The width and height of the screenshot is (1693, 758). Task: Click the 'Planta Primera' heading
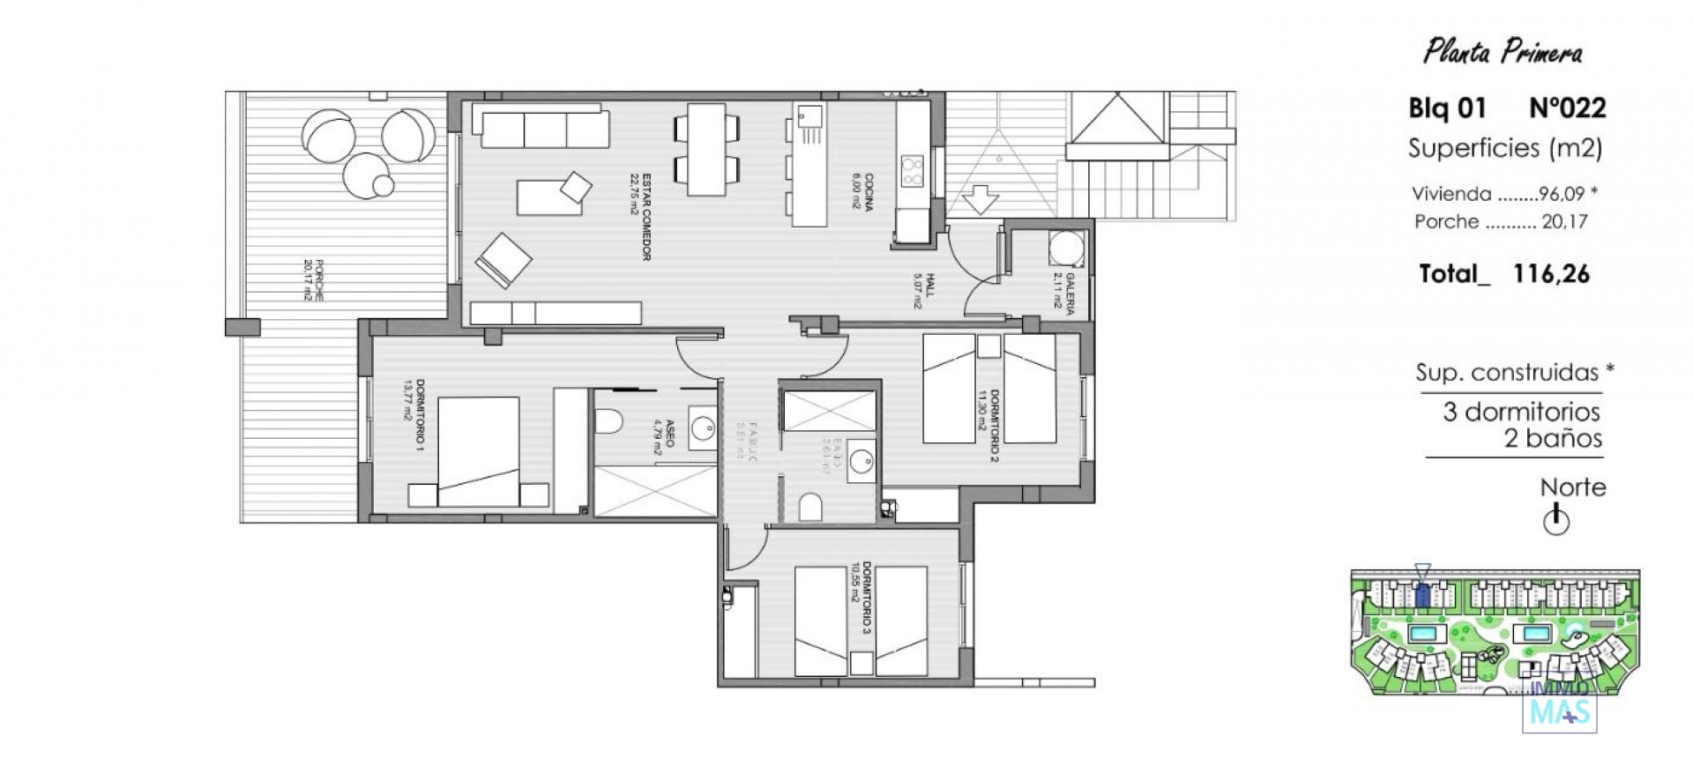[x=1503, y=52]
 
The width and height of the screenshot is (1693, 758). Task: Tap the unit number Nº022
[x=1567, y=108]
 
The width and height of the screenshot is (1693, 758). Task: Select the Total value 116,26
[x=1551, y=274]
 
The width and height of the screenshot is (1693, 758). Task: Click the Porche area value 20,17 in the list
[x=1564, y=222]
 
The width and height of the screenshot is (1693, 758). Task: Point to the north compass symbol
[x=1556, y=521]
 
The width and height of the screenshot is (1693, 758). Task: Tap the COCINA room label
[x=862, y=191]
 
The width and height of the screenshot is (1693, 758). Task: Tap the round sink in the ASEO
[x=703, y=429]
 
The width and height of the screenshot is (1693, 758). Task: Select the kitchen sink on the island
[x=809, y=115]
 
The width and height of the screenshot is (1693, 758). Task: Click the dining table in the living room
[x=706, y=150]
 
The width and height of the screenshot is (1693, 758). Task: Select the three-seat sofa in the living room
[x=541, y=128]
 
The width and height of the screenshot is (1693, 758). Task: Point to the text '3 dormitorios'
[x=1521, y=412]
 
